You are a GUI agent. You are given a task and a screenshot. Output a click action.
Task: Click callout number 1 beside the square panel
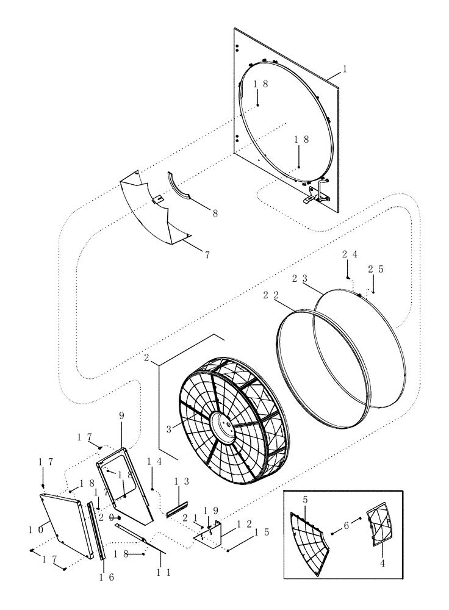[345, 70]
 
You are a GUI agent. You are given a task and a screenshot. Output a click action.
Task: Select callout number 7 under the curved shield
[207, 254]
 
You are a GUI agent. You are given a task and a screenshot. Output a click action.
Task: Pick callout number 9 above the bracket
[121, 415]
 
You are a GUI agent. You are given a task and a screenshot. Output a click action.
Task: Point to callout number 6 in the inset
[345, 525]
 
